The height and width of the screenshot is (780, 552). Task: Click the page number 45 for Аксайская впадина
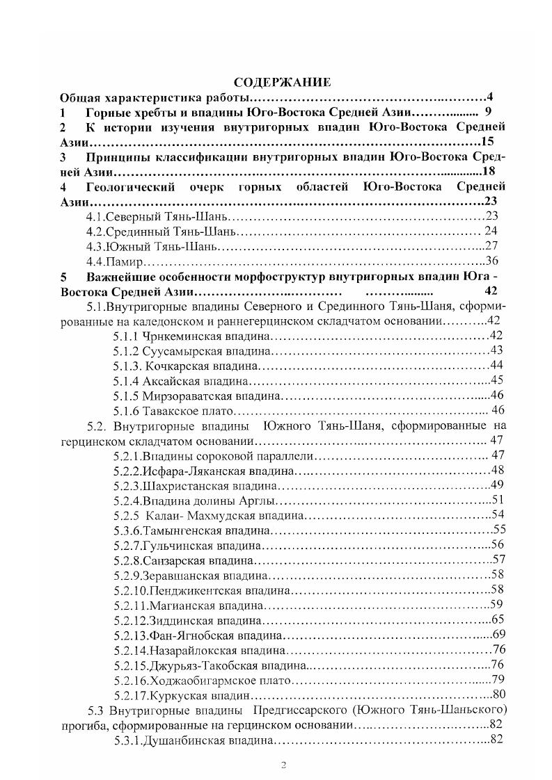pos(497,380)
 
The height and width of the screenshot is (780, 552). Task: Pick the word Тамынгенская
pos(180,530)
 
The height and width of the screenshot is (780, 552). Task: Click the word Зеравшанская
pos(180,575)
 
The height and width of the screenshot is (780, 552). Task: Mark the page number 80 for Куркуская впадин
pos(498,694)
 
